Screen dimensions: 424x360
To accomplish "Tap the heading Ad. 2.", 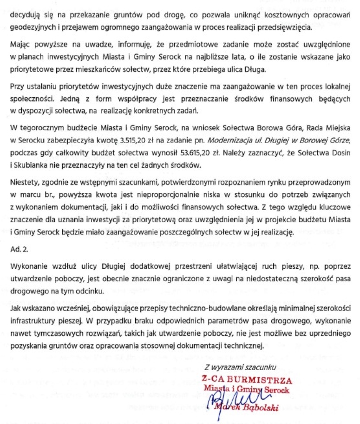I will point(19,250).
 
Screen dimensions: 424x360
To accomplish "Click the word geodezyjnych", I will point(32,26).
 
